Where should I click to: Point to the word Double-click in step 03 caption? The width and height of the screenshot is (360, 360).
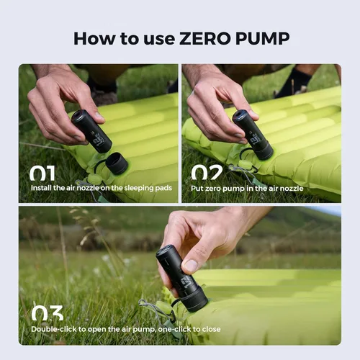tap(53, 329)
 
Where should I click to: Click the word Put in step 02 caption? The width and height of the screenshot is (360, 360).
tap(198, 187)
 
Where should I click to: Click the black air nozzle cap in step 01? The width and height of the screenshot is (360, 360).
tap(116, 163)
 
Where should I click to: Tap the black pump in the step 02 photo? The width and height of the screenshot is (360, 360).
tap(253, 134)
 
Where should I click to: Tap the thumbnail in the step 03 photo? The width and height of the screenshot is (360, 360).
tap(190, 266)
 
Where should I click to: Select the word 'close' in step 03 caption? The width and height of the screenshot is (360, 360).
tap(210, 329)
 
